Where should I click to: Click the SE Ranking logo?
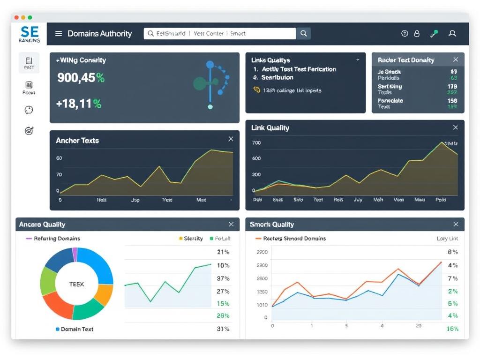point(29,34)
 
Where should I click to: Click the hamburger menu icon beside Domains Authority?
point(59,34)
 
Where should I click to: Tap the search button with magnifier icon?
point(304,33)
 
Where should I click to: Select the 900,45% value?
point(81,78)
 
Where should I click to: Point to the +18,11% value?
point(78,104)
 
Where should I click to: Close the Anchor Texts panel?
point(231,139)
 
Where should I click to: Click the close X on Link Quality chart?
point(455,127)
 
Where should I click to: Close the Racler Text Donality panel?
point(455,60)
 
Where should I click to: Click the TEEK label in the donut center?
point(76,284)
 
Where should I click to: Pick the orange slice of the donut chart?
point(104,294)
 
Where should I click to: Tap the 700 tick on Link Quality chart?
point(256,143)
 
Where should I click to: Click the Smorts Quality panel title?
point(272,225)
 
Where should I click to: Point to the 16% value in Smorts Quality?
point(452,329)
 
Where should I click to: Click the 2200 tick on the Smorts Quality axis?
point(262,252)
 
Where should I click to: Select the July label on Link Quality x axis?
point(358,200)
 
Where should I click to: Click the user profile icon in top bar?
point(452,34)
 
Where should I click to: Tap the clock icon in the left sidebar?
point(29,110)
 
